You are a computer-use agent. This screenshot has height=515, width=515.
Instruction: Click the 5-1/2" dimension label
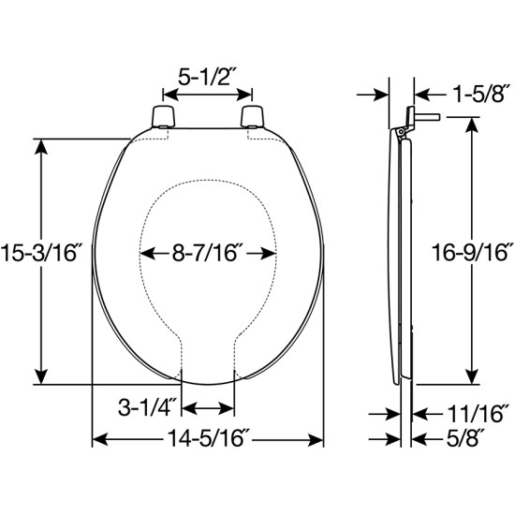pos(207,74)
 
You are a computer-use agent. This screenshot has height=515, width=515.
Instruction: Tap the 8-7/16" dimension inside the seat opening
pos(207,252)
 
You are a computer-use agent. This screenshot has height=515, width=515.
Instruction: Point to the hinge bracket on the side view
pos(404,124)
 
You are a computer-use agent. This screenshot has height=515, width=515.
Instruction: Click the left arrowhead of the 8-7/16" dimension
pos(144,252)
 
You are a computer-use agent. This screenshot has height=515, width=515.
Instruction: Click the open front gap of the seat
pos(207,370)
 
